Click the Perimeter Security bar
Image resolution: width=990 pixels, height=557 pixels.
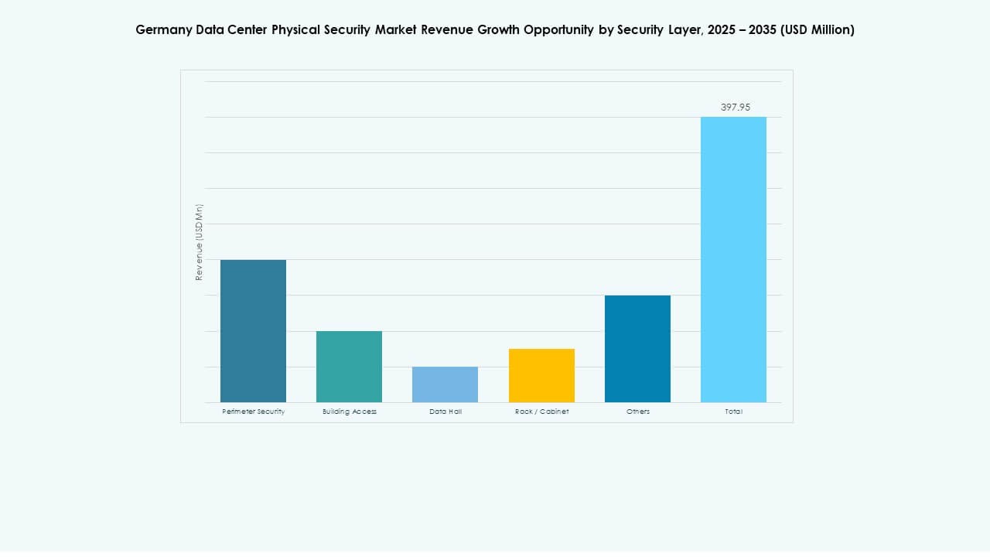point(253,331)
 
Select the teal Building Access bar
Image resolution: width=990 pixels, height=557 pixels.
point(349,367)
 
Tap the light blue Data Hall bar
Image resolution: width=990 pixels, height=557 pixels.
point(445,384)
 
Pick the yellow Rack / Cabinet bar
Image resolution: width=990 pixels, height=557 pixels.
point(541,375)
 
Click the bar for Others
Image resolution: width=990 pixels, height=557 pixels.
point(637,349)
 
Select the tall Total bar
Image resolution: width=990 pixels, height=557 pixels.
point(733,260)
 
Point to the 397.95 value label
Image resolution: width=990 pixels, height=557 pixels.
point(735,108)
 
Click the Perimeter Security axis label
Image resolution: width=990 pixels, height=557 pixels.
point(253,412)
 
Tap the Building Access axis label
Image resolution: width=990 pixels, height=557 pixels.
point(350,412)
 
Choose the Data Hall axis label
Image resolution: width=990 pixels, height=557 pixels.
point(445,412)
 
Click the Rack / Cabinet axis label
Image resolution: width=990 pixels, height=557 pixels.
point(541,412)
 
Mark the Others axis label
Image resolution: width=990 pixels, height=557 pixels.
point(638,412)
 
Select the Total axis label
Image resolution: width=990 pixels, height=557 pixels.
point(733,412)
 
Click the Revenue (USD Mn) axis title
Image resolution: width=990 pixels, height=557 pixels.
point(199,241)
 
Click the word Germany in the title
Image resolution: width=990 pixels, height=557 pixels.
point(162,30)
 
